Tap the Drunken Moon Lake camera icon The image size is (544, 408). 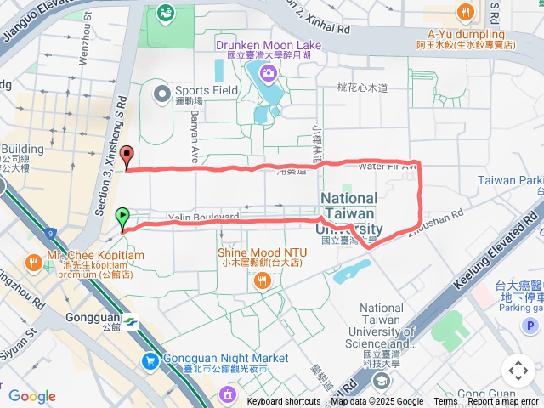[x=269, y=73]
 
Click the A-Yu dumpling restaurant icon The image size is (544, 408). [x=464, y=13]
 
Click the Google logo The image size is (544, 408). [x=31, y=396]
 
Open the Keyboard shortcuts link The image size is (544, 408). [x=284, y=402]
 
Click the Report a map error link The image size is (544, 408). [x=502, y=402]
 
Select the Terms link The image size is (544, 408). [x=445, y=402]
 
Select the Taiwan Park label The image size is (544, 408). [x=510, y=180]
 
